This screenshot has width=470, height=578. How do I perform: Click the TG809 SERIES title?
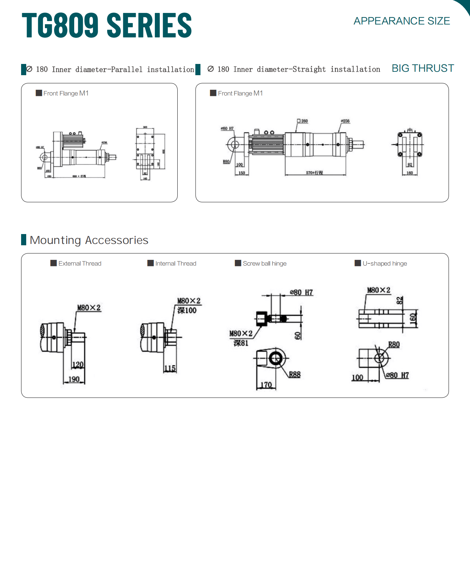tap(107, 25)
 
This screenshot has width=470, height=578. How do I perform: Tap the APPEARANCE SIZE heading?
tap(402, 21)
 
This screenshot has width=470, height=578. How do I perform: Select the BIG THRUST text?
tap(423, 68)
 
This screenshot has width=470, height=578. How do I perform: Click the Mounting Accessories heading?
tap(89, 240)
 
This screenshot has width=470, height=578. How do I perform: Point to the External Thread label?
tap(80, 264)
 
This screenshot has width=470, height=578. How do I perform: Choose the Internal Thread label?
tap(176, 264)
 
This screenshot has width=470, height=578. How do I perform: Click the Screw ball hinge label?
tap(264, 264)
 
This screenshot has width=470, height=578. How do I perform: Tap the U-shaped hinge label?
tap(385, 264)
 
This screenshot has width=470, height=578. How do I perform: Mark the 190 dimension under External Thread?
tap(74, 379)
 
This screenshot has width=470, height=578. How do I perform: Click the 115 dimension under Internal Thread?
tap(170, 368)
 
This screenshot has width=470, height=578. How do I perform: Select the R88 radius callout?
tap(295, 375)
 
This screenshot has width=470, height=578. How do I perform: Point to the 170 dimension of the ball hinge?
tap(266, 385)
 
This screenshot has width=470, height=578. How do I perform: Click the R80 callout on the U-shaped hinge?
tap(394, 345)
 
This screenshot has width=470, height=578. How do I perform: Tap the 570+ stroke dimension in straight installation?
tap(314, 173)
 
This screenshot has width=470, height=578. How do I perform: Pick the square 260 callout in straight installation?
tap(303, 121)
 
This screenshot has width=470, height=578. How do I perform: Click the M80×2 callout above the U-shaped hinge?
tap(378, 290)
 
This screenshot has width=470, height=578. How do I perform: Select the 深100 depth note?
tap(187, 310)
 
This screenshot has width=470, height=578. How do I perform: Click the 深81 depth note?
tap(241, 343)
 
